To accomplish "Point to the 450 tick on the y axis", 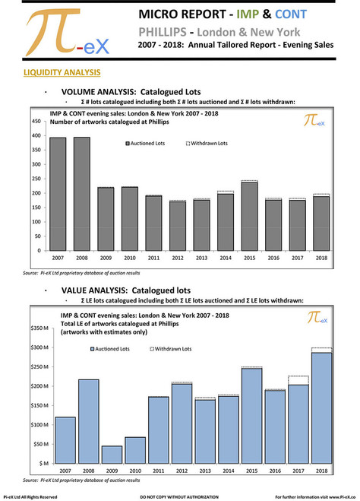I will pos(35,122).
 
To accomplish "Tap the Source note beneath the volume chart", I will pos(76,272).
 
